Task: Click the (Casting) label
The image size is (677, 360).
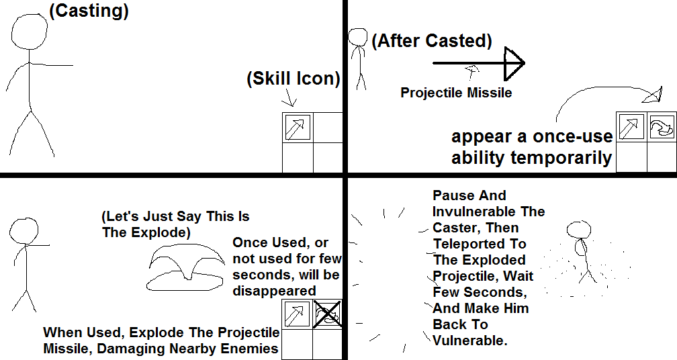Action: coord(89,11)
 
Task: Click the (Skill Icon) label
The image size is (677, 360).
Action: coord(293,79)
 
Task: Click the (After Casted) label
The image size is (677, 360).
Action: coord(432,41)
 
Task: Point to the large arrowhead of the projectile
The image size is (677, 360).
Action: coord(514,63)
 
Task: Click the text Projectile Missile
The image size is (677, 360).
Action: coord(456,93)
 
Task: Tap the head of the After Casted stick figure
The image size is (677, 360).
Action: coord(358,37)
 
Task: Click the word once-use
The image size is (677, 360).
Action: coord(572,137)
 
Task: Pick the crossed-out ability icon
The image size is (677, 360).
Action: coord(327,314)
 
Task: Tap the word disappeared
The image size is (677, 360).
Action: coord(274,291)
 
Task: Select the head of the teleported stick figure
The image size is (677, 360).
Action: coord(578,230)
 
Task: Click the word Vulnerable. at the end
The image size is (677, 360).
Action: coord(469,340)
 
